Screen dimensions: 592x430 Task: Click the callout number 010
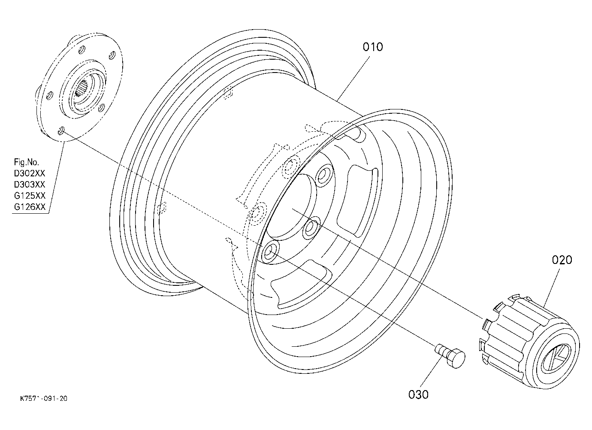[373, 47]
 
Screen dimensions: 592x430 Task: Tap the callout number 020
[562, 260]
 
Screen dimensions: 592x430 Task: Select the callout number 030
[418, 394]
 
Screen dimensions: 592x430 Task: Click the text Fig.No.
[27, 162]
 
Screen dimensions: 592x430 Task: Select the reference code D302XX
[30, 173]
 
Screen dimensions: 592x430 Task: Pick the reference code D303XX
[30, 185]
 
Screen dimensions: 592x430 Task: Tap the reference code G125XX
[30, 196]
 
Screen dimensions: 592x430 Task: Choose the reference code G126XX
[30, 207]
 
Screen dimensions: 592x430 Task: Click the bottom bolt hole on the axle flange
[61, 130]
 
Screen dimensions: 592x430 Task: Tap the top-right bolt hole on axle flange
[112, 55]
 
